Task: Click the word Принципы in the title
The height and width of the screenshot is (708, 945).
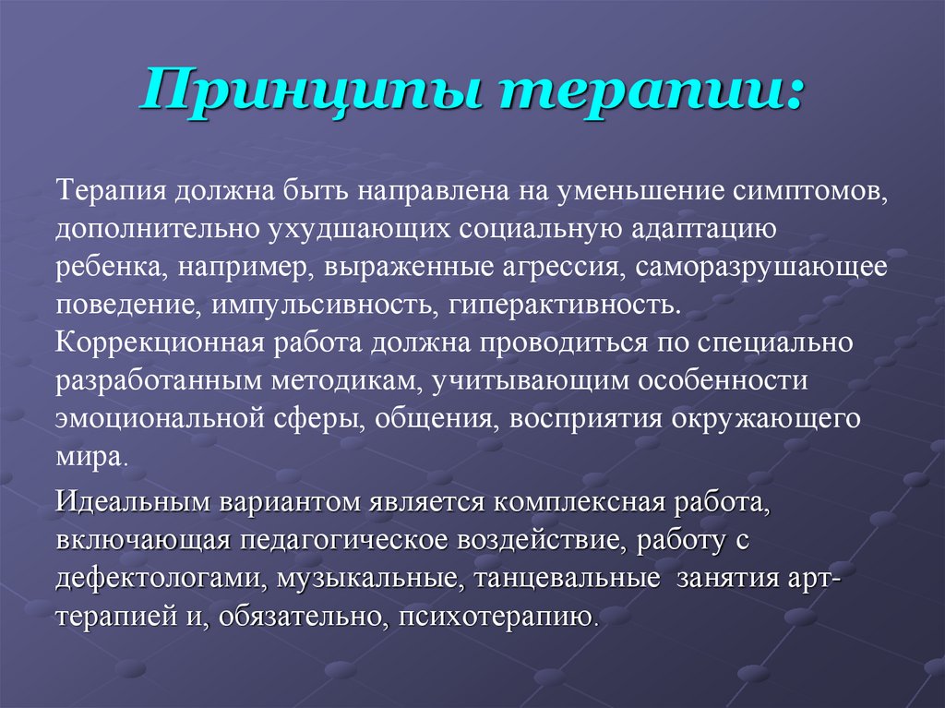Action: (x=313, y=91)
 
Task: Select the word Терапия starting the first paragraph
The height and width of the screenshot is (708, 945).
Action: (x=111, y=192)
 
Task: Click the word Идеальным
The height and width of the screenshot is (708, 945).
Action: (x=133, y=502)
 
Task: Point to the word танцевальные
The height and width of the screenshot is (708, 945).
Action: (x=567, y=579)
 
